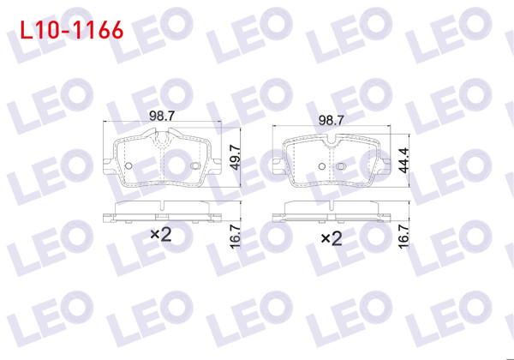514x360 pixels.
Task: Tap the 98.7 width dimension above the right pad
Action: click(330, 122)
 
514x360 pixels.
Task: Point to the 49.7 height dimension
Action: click(234, 159)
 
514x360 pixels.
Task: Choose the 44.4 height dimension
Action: click(402, 159)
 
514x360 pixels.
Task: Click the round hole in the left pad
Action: click(128, 165)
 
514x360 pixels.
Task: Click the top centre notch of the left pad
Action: click(161, 138)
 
